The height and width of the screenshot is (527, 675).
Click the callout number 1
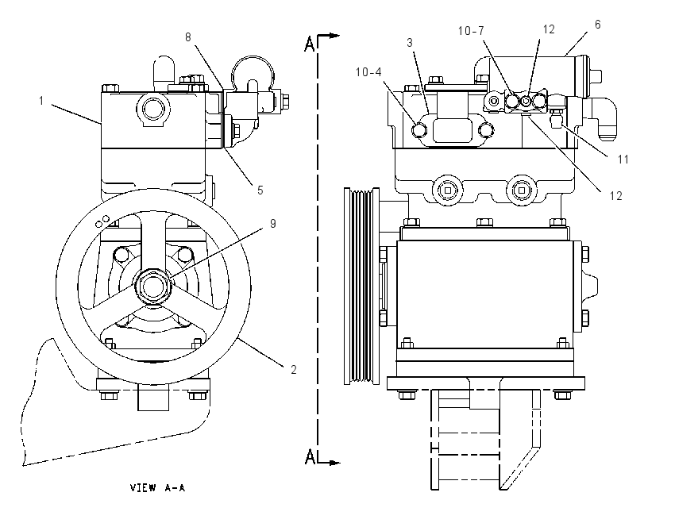coord(41,101)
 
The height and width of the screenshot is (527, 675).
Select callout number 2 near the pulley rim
coord(294,370)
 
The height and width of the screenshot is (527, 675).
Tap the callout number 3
coord(410,43)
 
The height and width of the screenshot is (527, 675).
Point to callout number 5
coord(260,190)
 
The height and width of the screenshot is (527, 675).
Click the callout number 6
coord(597,25)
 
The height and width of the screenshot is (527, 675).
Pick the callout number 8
coord(188,37)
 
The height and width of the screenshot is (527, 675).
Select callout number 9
coord(273,224)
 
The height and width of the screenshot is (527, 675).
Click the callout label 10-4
coord(368,72)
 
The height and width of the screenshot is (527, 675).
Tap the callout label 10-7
coord(471,30)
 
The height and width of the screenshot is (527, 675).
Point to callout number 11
coord(623,160)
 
